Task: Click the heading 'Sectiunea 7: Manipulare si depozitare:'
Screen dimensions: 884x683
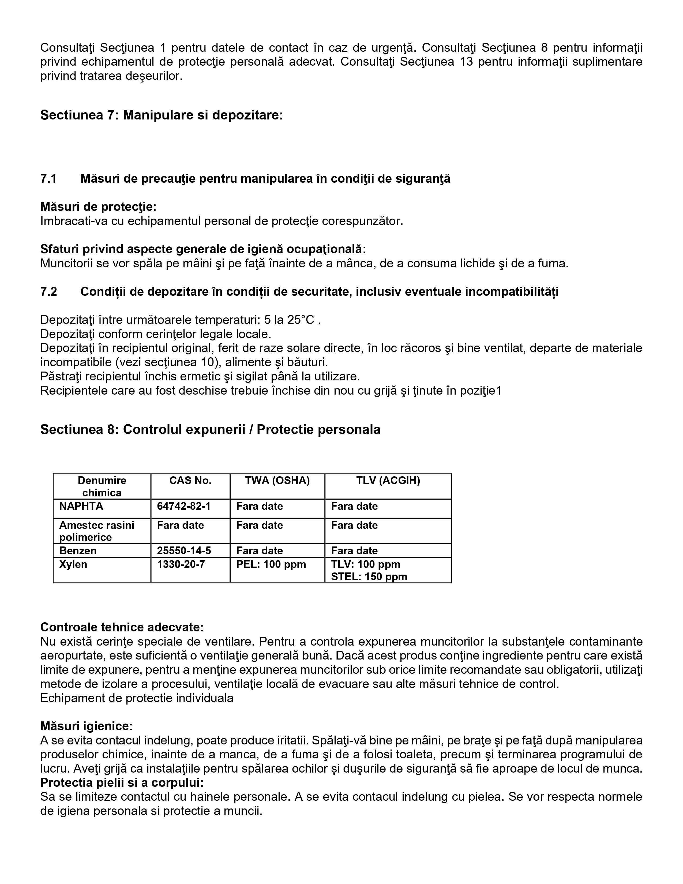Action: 162,115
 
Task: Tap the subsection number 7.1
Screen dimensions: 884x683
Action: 48,178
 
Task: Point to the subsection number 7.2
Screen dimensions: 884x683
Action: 48,291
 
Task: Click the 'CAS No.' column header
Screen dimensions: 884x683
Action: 190,481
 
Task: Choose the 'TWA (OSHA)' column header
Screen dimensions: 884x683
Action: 277,481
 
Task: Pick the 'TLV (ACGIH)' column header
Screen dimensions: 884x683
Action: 388,481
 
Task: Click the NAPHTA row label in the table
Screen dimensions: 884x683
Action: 81,506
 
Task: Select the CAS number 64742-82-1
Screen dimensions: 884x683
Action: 184,506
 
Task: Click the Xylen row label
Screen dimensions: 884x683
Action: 73,564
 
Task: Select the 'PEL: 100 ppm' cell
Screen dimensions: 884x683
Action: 271,564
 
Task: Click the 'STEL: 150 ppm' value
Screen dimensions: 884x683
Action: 369,577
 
